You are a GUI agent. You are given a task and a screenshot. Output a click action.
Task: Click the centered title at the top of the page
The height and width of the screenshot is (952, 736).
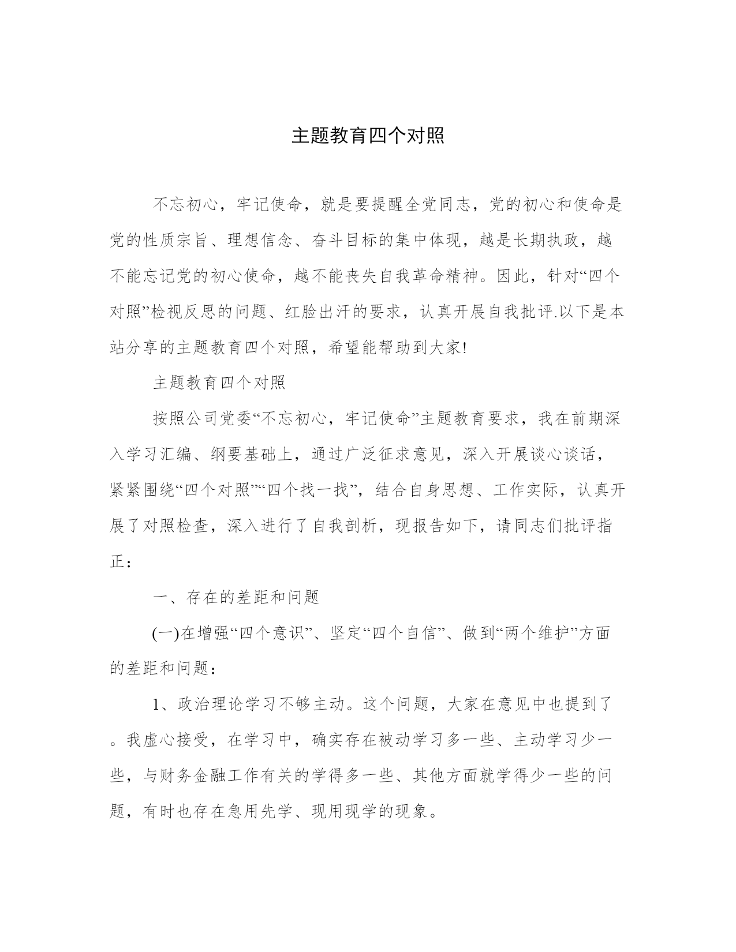coord(368,136)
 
